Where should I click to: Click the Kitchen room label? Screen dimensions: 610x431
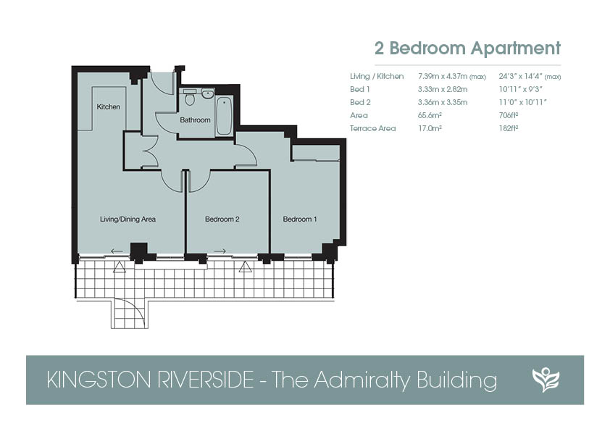(108, 106)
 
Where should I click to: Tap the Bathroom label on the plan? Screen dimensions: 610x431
(195, 120)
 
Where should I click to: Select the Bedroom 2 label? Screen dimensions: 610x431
(222, 219)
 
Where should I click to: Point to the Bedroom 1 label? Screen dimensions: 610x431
(300, 219)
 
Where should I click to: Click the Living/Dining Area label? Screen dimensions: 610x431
(128, 219)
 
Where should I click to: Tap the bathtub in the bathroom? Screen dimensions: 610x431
(224, 116)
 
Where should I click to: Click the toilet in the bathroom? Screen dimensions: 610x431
(190, 97)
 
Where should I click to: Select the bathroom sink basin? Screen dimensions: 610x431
(208, 93)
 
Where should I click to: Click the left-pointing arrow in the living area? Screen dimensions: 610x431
(117, 251)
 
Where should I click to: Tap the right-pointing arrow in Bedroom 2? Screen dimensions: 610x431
(220, 251)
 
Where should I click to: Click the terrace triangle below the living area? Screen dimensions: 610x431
(120, 267)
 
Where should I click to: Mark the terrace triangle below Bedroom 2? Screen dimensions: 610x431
(245, 267)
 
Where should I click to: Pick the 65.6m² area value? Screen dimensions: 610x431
(430, 115)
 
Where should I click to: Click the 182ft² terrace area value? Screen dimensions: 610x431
(509, 128)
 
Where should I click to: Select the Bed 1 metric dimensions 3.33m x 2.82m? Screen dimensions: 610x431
(443, 90)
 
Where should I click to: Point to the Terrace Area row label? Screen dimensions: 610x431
(372, 128)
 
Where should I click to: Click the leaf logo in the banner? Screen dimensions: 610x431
(546, 380)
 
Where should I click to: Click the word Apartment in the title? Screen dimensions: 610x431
(516, 49)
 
